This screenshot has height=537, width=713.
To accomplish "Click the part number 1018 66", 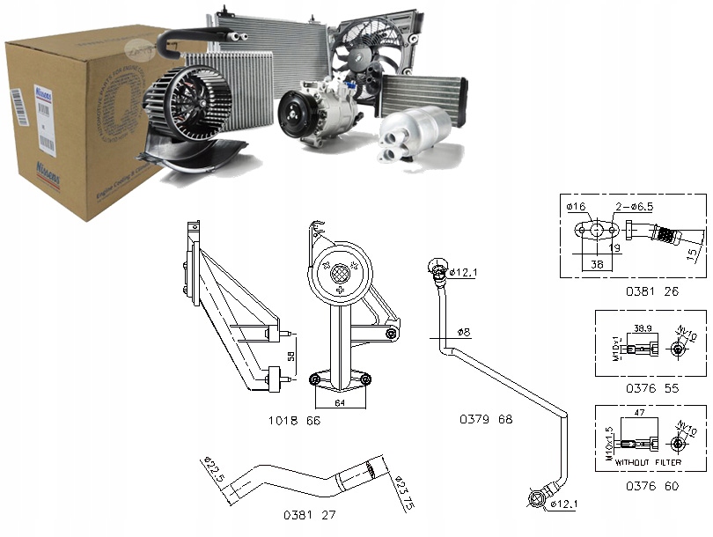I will click(x=294, y=421).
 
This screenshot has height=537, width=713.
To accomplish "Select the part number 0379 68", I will click(x=486, y=419).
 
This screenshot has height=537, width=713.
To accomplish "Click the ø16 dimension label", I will click(x=577, y=207).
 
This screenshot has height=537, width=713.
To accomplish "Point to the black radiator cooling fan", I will click(x=369, y=52).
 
